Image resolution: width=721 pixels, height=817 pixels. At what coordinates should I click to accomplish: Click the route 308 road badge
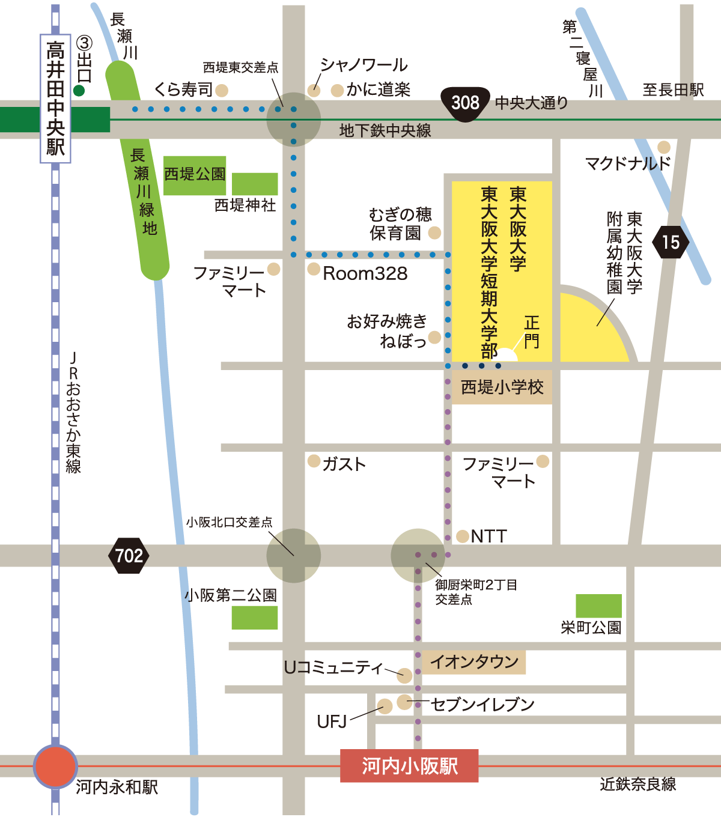point(466,104)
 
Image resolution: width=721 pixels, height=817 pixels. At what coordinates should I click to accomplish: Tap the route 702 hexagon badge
point(129,556)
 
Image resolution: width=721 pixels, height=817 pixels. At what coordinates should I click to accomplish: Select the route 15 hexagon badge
point(671,242)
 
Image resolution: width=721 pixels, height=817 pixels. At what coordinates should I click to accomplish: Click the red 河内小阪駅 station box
point(409,766)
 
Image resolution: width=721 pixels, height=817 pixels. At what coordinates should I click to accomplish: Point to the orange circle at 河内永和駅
point(55,767)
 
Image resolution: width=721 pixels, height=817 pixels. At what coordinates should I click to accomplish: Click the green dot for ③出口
point(79,91)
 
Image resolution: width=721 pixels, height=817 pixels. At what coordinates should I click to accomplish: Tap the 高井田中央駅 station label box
point(55,99)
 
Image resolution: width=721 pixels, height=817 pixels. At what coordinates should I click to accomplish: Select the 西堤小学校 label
point(502,387)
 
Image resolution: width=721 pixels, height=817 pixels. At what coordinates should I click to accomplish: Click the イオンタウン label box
point(474,662)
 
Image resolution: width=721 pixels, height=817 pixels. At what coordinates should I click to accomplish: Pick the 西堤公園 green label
point(194,175)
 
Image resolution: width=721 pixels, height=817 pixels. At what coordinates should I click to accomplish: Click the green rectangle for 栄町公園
point(598,606)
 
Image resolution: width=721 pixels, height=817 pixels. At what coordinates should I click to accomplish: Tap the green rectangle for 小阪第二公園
point(255,618)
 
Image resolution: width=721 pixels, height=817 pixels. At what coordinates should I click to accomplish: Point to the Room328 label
point(365,274)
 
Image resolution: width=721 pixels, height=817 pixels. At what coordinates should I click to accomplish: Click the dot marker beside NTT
point(462,536)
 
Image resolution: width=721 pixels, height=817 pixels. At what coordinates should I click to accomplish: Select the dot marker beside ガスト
point(314,461)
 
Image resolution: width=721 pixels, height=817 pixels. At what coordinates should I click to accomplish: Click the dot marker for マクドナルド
point(664,147)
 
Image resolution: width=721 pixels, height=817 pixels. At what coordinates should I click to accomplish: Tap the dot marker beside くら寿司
point(222,90)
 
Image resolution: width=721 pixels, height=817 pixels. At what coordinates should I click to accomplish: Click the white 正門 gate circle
point(506,356)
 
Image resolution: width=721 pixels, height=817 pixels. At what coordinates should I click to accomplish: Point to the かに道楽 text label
point(378,90)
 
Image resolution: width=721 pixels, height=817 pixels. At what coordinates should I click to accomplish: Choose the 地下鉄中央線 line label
point(385,130)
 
